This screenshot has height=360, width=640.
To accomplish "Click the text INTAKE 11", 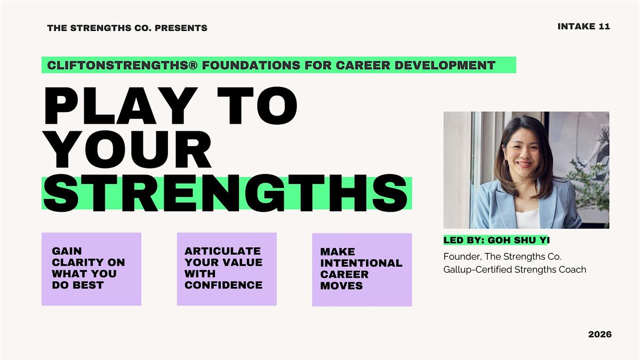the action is pyautogui.click(x=583, y=27).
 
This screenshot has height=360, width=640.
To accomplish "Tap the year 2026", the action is pyautogui.click(x=599, y=334).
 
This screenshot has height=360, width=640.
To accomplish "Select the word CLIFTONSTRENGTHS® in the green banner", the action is pyautogui.click(x=122, y=65).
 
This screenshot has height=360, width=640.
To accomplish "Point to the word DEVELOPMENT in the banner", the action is pyautogui.click(x=445, y=65).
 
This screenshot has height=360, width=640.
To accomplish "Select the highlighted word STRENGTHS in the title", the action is pyautogui.click(x=226, y=193).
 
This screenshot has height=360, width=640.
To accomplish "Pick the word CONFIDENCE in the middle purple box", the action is pyautogui.click(x=223, y=285).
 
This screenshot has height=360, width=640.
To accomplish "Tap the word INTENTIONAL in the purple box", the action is pyautogui.click(x=361, y=263).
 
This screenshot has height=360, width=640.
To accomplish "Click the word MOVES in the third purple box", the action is pyautogui.click(x=341, y=286).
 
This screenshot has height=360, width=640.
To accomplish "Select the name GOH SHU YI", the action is pyautogui.click(x=518, y=241).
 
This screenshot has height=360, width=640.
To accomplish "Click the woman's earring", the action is pyautogui.click(x=506, y=163).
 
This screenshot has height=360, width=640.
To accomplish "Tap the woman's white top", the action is pyautogui.click(x=527, y=219).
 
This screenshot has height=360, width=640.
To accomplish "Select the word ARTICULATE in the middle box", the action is pyautogui.click(x=222, y=251).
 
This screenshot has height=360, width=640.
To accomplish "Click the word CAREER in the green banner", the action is pyautogui.click(x=363, y=65).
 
